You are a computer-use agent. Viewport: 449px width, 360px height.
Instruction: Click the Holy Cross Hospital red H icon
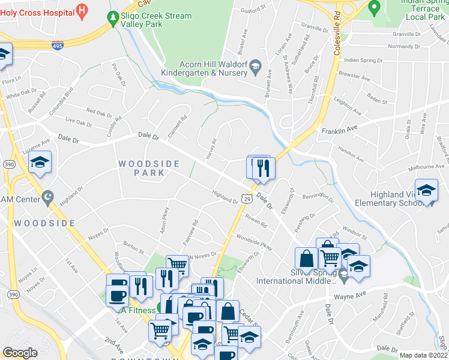(82, 11)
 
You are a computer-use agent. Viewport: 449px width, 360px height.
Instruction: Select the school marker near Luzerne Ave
(40, 163)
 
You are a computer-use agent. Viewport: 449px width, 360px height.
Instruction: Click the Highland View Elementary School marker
(426, 191)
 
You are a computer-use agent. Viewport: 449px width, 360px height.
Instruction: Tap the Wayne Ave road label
(351, 295)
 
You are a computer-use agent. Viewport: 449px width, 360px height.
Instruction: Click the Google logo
(20, 352)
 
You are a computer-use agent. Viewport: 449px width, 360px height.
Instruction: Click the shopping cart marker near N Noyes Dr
(176, 264)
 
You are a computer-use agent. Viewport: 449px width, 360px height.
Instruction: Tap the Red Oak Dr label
(99, 112)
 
